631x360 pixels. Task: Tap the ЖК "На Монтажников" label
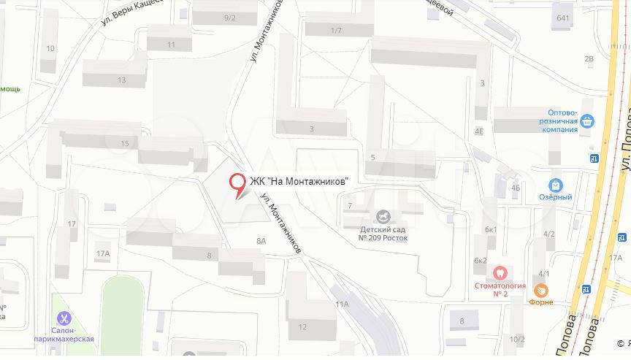tap(299, 181)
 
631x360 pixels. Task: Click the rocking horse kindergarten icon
tap(383, 217)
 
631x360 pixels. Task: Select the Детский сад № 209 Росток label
tap(383, 234)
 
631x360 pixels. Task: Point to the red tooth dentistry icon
tap(500, 272)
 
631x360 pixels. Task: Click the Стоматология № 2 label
tap(500, 289)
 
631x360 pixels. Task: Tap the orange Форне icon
tap(541, 289)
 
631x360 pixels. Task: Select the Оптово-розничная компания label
tap(559, 121)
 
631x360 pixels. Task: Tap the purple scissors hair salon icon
tap(64, 318)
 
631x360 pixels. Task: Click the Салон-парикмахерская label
tap(64, 335)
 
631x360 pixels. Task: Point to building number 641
tap(563, 18)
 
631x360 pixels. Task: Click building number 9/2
tap(230, 18)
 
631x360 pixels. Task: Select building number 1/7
tap(336, 30)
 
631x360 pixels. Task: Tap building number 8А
tap(261, 240)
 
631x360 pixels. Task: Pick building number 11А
tap(342, 304)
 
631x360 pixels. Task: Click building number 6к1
tap(491, 229)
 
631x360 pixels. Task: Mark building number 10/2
tap(517, 339)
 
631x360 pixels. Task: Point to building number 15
tap(125, 144)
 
